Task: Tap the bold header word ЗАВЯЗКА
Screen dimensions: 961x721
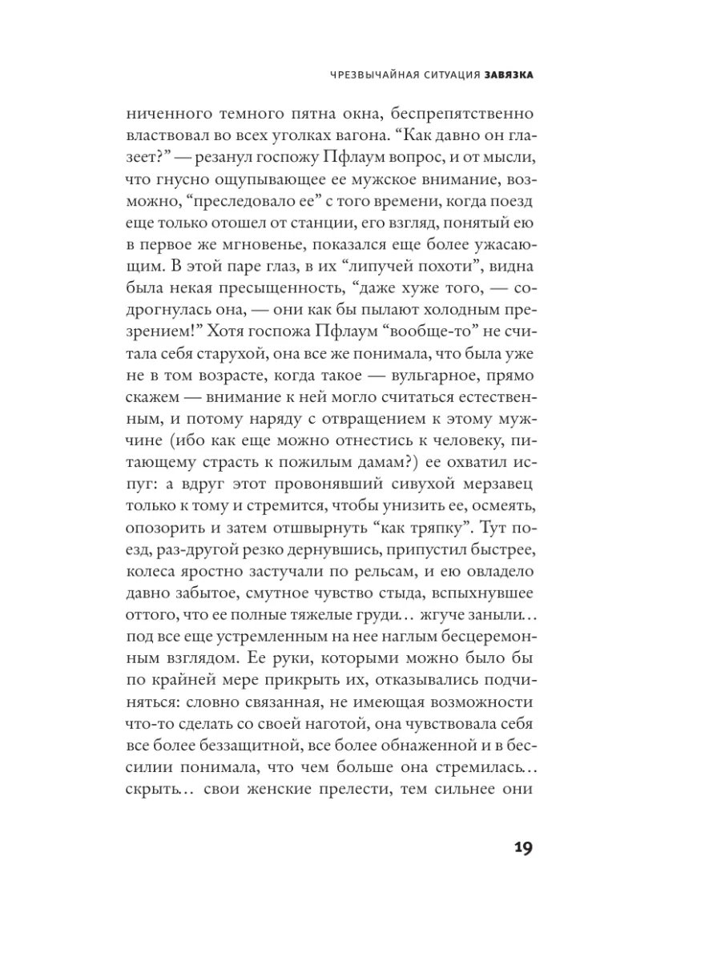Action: pos(509,75)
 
